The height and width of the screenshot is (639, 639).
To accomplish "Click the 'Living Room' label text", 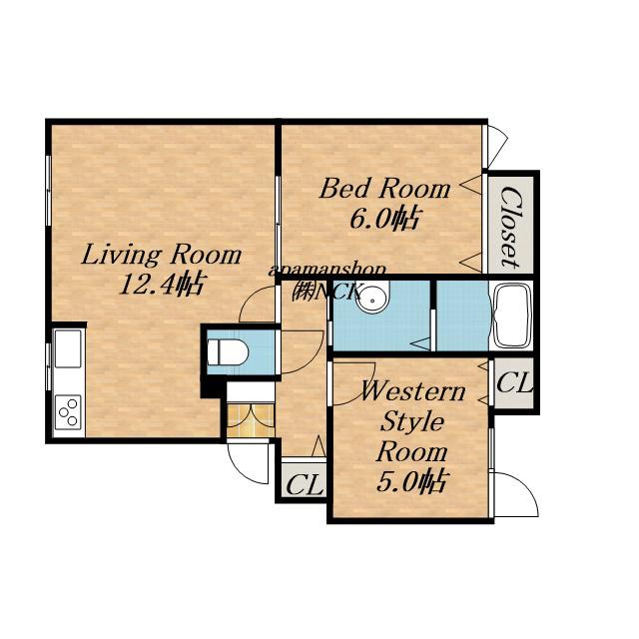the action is click(162, 256).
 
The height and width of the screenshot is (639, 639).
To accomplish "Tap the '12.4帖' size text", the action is click(161, 284).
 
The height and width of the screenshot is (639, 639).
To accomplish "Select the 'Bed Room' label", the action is click(384, 189).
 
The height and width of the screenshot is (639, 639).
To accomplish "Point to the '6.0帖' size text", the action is click(383, 219).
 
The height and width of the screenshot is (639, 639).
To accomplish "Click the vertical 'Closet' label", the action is click(510, 228).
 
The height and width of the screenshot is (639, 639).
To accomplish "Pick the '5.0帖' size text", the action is click(410, 481).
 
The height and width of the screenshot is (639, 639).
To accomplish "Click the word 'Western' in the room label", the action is click(412, 391).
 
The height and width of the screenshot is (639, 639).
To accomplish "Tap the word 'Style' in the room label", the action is click(411, 421).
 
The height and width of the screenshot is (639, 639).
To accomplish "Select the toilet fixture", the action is click(227, 352).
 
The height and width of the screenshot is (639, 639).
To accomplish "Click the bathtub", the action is click(512, 316).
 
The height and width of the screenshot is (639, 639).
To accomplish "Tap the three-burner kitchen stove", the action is click(68, 411).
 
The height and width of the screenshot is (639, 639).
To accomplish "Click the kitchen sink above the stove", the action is click(68, 348).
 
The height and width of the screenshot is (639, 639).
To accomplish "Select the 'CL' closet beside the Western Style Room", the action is click(514, 383).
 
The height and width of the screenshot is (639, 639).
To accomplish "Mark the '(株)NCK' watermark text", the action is click(326, 292).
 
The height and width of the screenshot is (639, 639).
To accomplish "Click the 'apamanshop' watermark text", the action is click(327, 271).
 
